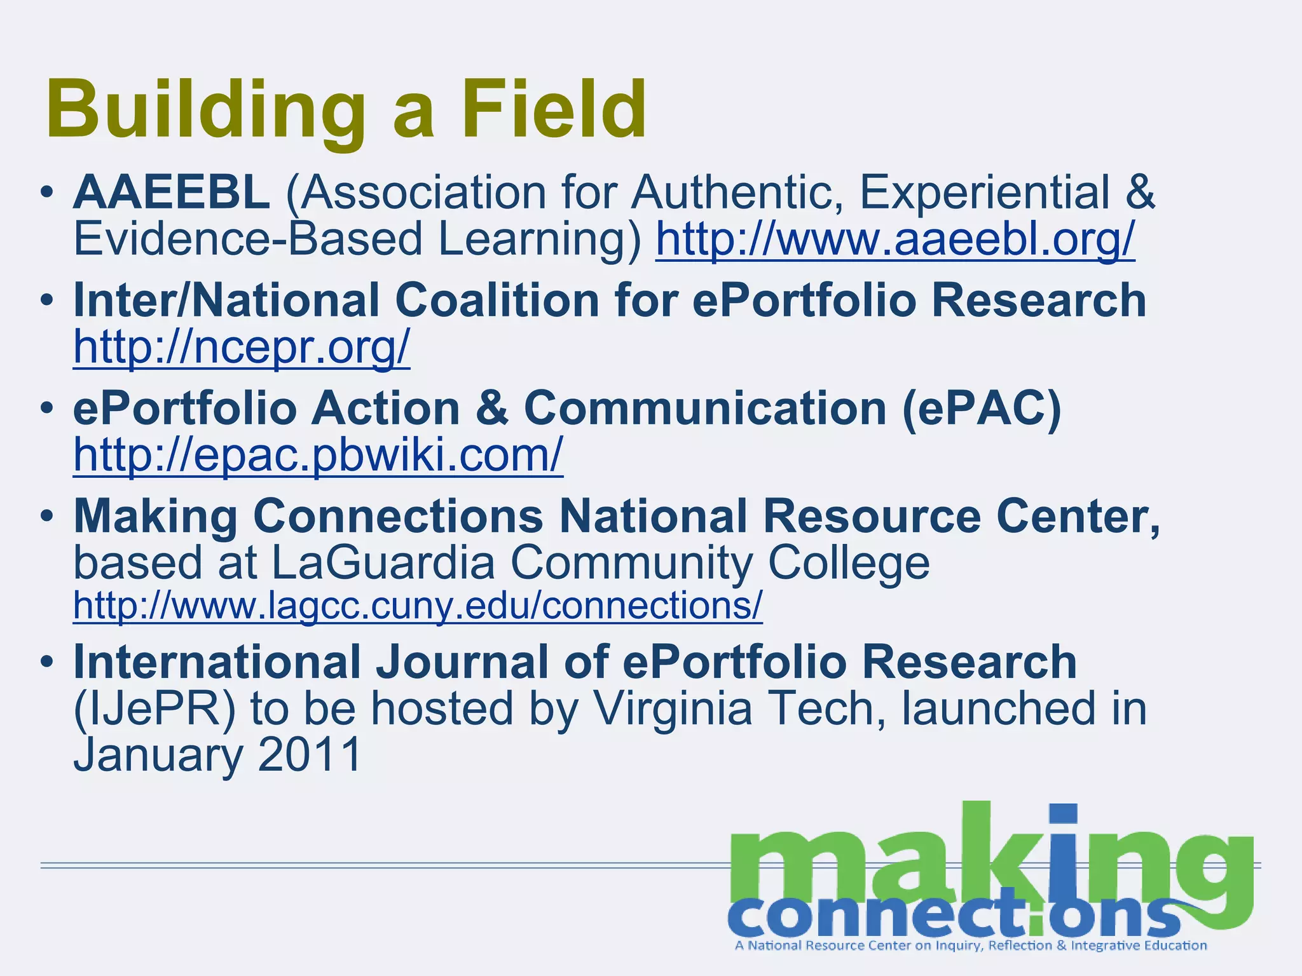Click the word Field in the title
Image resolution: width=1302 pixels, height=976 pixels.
coord(554,109)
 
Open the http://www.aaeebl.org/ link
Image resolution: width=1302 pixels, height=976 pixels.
coord(895,239)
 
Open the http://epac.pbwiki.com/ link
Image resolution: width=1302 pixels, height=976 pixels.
coord(318,455)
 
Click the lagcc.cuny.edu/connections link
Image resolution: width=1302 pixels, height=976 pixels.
coord(418,605)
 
